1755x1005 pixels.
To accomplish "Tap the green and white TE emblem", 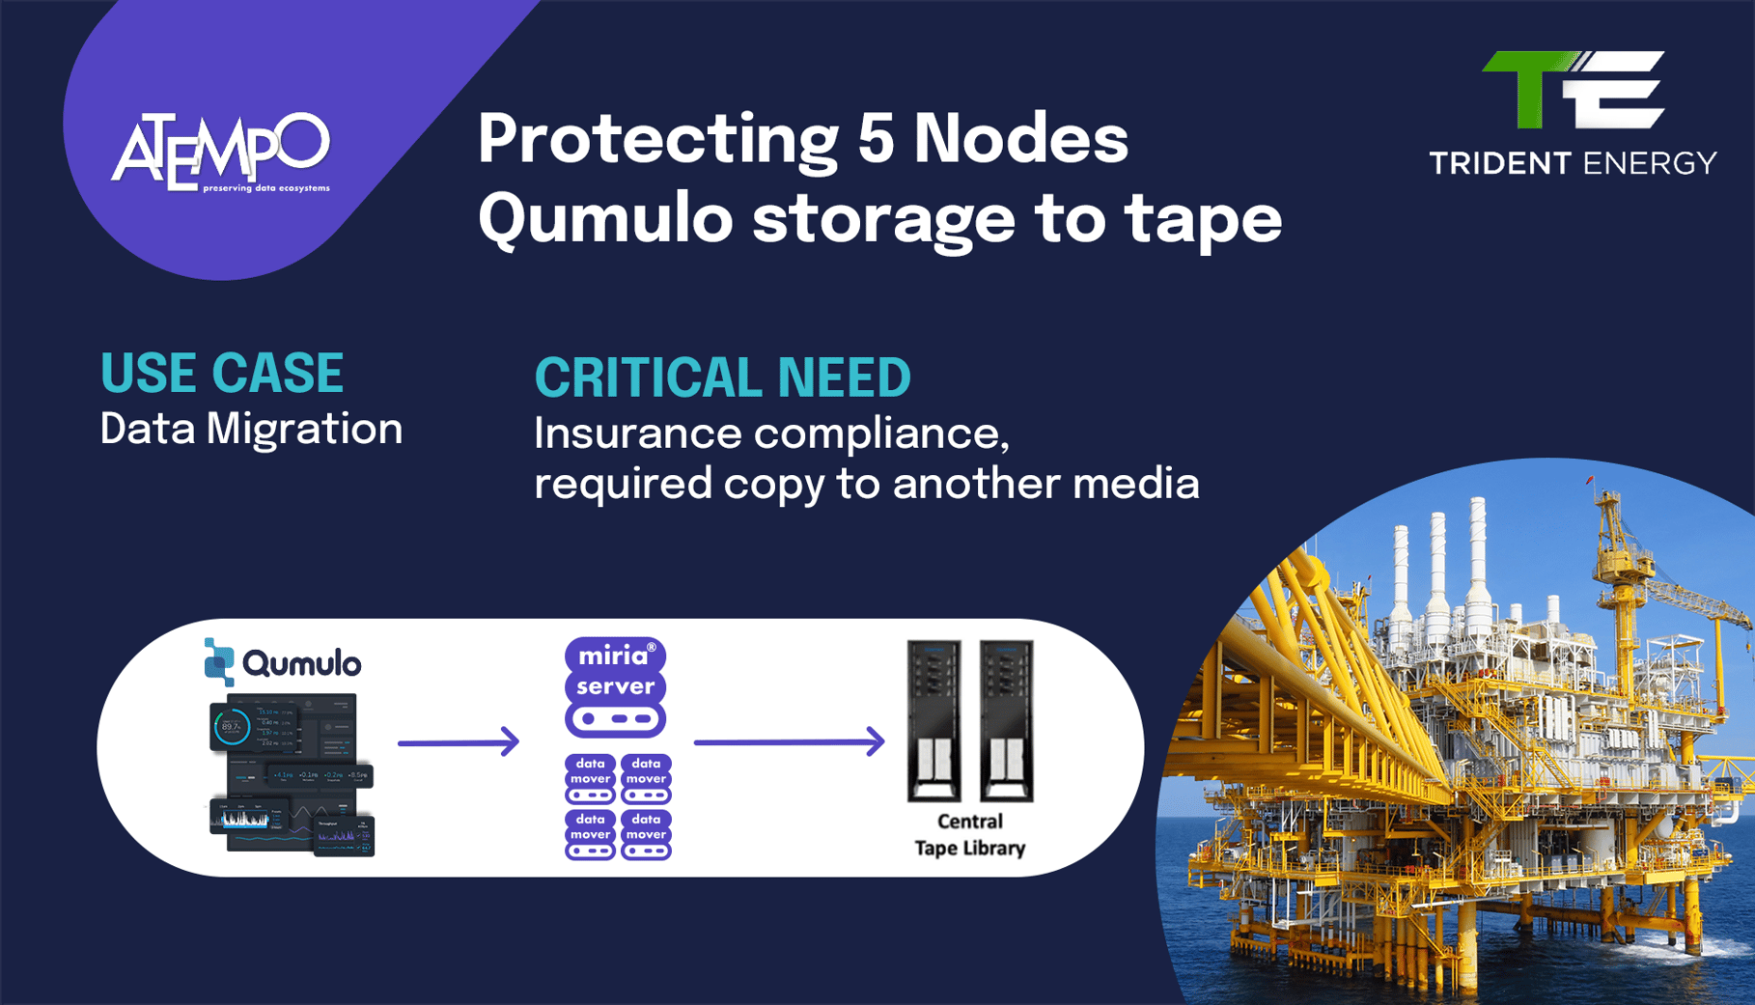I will (1573, 90).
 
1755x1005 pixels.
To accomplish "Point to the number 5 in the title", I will (876, 138).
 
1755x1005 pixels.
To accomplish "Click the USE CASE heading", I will (222, 374).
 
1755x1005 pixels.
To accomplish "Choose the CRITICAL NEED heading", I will (722, 377).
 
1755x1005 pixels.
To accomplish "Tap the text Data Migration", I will (251, 429).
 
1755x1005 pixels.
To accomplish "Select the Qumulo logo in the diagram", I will (282, 662).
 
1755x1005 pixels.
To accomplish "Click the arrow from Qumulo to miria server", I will (459, 742).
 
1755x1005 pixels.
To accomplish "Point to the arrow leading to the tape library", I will (789, 741).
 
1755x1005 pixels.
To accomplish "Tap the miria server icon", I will (615, 686).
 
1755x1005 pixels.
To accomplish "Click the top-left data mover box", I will (590, 779).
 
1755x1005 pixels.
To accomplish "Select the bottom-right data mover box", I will (646, 835).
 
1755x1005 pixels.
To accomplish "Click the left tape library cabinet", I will (933, 720).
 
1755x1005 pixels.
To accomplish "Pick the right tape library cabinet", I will (1007, 720).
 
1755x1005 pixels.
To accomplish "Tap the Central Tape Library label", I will (969, 835).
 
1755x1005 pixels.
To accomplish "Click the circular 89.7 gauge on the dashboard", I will (232, 727).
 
